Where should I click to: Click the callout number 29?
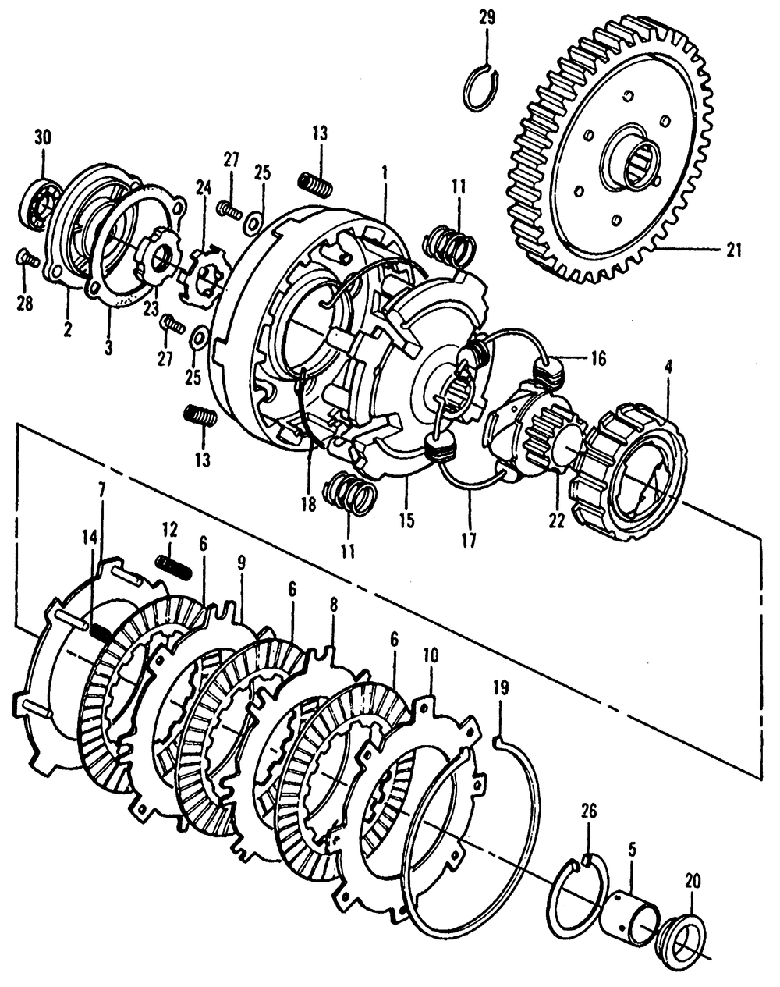point(485,17)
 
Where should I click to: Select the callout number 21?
point(733,250)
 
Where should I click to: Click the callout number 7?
point(101,488)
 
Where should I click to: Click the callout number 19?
point(501,687)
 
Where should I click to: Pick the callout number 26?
point(588,812)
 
